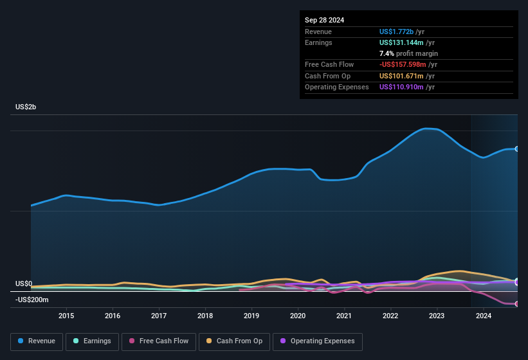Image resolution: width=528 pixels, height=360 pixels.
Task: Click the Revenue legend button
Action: tap(37, 341)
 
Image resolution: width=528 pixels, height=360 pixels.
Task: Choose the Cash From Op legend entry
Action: tap(235, 341)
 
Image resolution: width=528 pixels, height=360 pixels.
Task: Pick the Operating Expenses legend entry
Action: tap(318, 341)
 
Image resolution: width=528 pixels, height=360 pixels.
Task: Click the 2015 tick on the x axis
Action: tap(66, 316)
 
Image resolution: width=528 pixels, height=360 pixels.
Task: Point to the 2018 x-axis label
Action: tap(205, 316)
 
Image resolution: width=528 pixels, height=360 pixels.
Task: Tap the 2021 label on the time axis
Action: tap(344, 316)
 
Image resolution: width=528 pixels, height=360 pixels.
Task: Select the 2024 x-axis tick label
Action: tap(483, 316)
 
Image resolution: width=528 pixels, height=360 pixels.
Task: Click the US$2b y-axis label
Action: tap(26, 107)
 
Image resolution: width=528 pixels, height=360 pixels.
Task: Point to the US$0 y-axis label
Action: tap(24, 283)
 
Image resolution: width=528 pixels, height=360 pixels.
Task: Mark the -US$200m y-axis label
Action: tap(32, 300)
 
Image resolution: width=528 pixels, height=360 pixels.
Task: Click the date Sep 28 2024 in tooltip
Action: tap(324, 20)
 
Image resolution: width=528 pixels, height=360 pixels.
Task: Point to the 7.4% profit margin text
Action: tap(408, 53)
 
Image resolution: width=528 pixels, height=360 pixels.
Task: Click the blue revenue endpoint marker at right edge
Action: tap(517, 148)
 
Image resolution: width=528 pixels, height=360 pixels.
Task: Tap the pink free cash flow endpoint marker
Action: tap(517, 304)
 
